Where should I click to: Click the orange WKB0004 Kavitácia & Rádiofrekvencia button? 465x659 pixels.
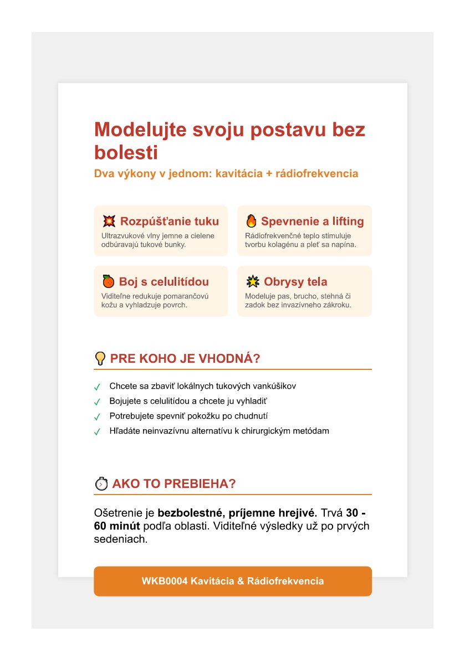point(232,581)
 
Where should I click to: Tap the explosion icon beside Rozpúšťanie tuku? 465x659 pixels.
point(109,222)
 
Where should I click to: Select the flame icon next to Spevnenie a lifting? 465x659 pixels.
point(252,222)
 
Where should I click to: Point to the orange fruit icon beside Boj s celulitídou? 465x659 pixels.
point(108,281)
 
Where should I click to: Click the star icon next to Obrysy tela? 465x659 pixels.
point(252,281)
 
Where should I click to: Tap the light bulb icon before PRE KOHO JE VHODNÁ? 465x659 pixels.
point(100,358)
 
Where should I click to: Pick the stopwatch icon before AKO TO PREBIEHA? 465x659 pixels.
point(101,483)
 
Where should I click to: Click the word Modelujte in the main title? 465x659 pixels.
point(140,130)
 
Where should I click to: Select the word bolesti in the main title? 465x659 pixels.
point(126,153)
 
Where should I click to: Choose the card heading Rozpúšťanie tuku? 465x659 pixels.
point(170,222)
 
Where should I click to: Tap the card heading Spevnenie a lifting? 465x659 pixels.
point(313,222)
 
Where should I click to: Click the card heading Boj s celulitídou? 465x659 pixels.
point(164,281)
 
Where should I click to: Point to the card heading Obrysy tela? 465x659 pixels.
point(295,281)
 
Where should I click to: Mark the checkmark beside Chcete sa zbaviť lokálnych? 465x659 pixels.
point(97,387)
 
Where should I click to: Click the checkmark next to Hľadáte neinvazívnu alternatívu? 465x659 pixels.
point(97,431)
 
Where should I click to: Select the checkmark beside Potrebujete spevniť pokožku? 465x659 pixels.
point(97,416)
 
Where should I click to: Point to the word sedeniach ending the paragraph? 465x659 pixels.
point(121,539)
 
